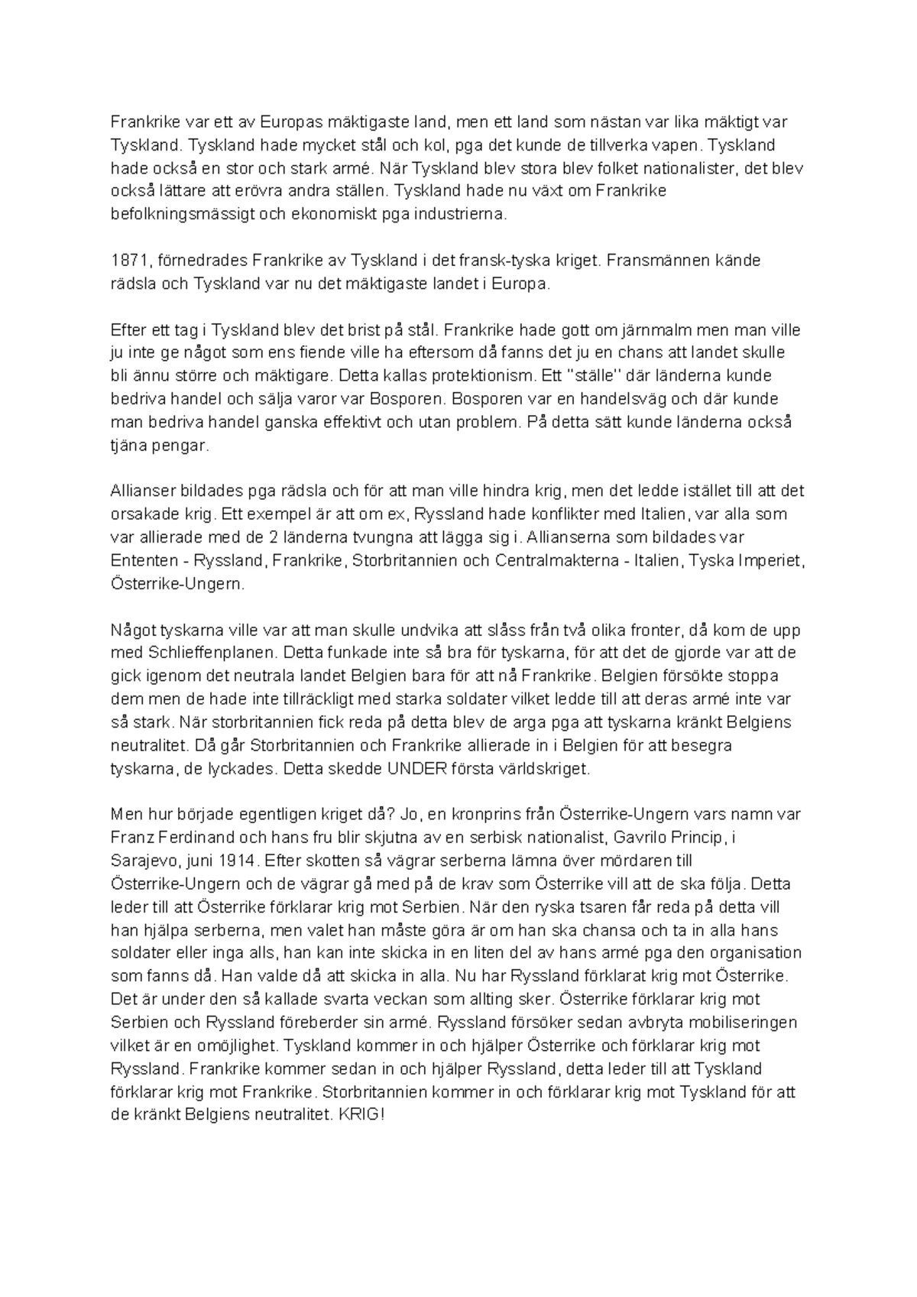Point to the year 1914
(235, 861)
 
